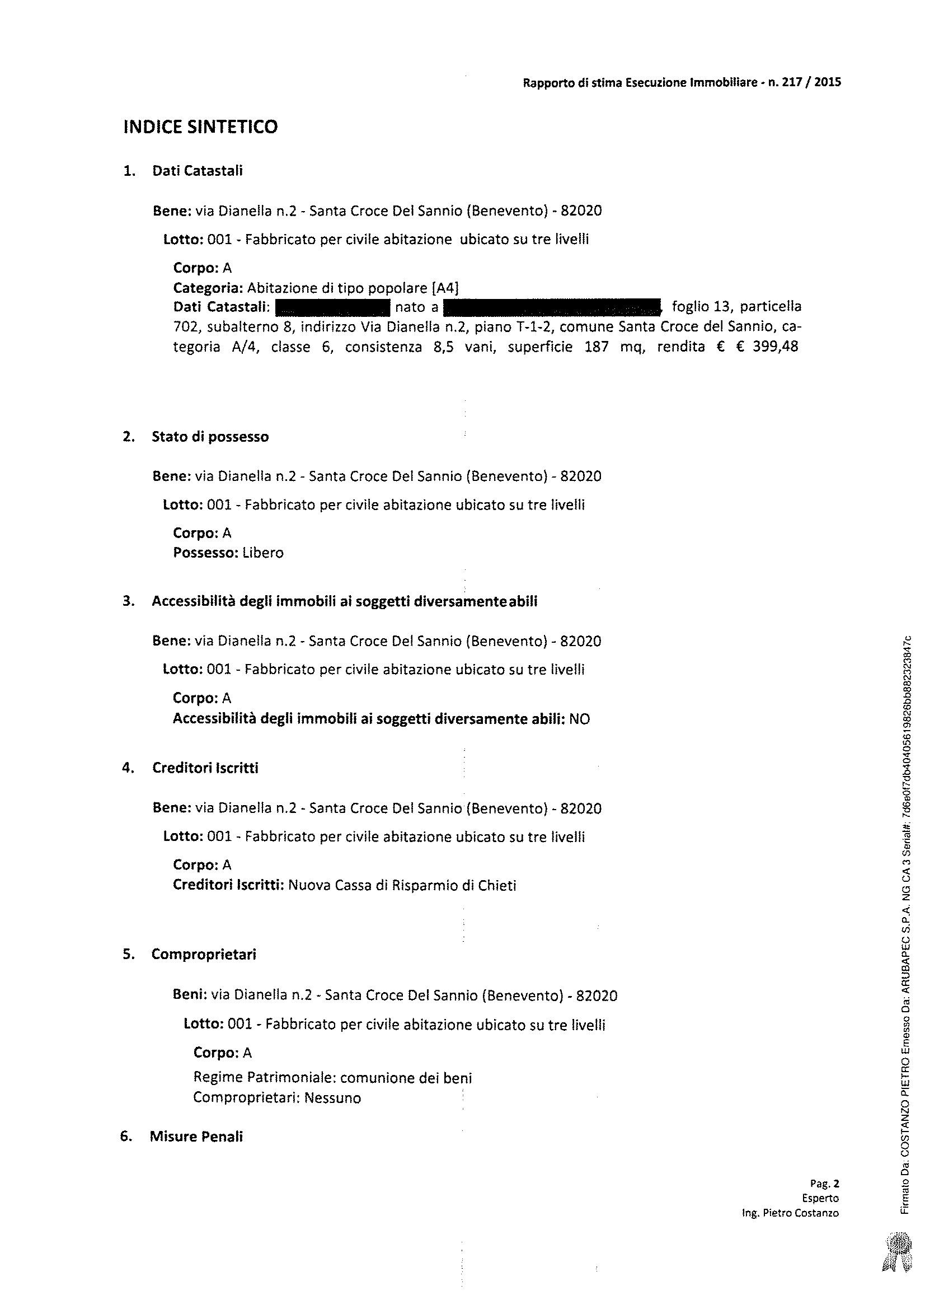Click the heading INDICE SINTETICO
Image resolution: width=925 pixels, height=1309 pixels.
[201, 127]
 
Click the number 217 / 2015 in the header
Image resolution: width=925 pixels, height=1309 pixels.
[811, 82]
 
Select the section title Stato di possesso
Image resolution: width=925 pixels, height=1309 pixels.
[210, 437]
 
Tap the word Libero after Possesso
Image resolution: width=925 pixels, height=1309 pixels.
[263, 553]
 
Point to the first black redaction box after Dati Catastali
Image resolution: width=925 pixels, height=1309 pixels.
[332, 307]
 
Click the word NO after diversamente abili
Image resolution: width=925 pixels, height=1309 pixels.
[580, 719]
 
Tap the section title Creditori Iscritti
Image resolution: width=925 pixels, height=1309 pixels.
[205, 768]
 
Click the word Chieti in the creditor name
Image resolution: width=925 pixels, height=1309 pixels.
[496, 885]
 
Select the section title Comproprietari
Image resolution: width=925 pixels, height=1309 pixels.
[204, 955]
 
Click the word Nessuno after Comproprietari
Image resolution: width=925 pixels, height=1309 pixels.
[332, 1098]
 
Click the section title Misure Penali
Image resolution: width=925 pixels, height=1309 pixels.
[196, 1137]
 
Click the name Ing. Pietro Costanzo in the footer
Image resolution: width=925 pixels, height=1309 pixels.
[790, 1213]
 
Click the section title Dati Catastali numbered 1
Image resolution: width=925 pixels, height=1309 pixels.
[197, 171]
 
